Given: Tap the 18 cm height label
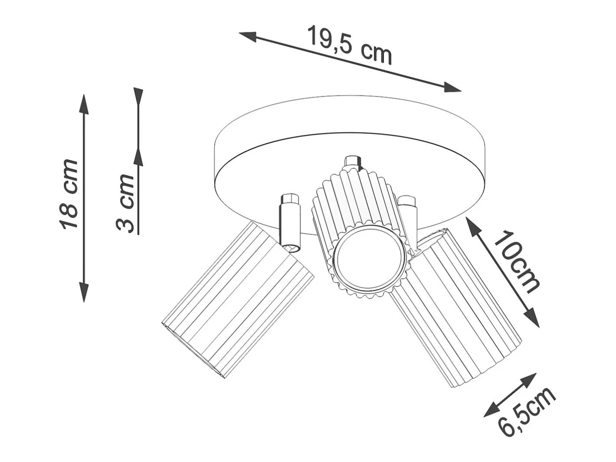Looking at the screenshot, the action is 68,195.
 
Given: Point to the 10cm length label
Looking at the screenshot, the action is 515,262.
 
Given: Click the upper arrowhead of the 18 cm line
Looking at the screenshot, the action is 84,104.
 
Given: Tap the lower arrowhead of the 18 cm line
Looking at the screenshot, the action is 84,292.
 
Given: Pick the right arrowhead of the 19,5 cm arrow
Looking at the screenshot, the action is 452,87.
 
